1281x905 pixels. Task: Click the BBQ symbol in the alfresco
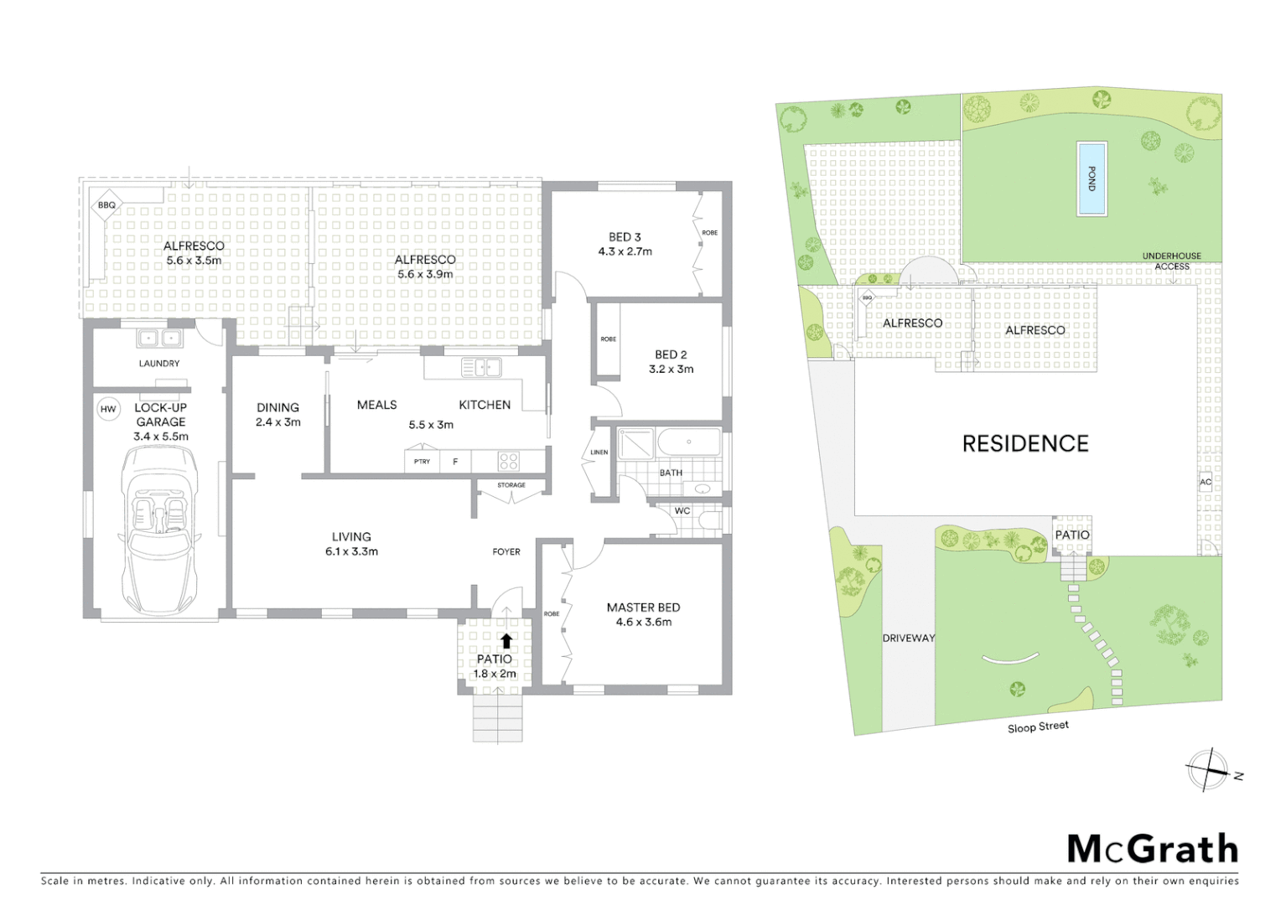tap(106, 205)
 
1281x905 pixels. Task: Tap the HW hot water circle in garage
tap(108, 409)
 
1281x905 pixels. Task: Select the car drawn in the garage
tap(160, 530)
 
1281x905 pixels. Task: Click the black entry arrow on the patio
tap(506, 642)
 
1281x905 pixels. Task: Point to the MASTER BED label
tap(643, 608)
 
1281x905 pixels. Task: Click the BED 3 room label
tap(625, 237)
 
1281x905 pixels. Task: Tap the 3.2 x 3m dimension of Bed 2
tap(671, 369)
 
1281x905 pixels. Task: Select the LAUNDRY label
tap(159, 364)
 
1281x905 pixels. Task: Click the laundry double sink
tap(159, 339)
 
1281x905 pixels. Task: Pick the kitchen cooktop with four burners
tap(508, 461)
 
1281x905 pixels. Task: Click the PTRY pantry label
tap(422, 462)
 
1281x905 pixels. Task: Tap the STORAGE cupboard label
tap(511, 485)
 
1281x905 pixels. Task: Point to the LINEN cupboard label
tap(599, 452)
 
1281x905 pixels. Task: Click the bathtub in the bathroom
tap(688, 442)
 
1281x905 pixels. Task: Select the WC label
tap(682, 510)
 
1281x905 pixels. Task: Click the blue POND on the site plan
tap(1091, 179)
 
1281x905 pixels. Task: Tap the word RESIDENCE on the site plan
tap(1024, 444)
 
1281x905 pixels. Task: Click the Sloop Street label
tap(1038, 727)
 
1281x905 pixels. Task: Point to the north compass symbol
tap(1208, 770)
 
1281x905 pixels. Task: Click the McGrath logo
tap(1152, 849)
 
